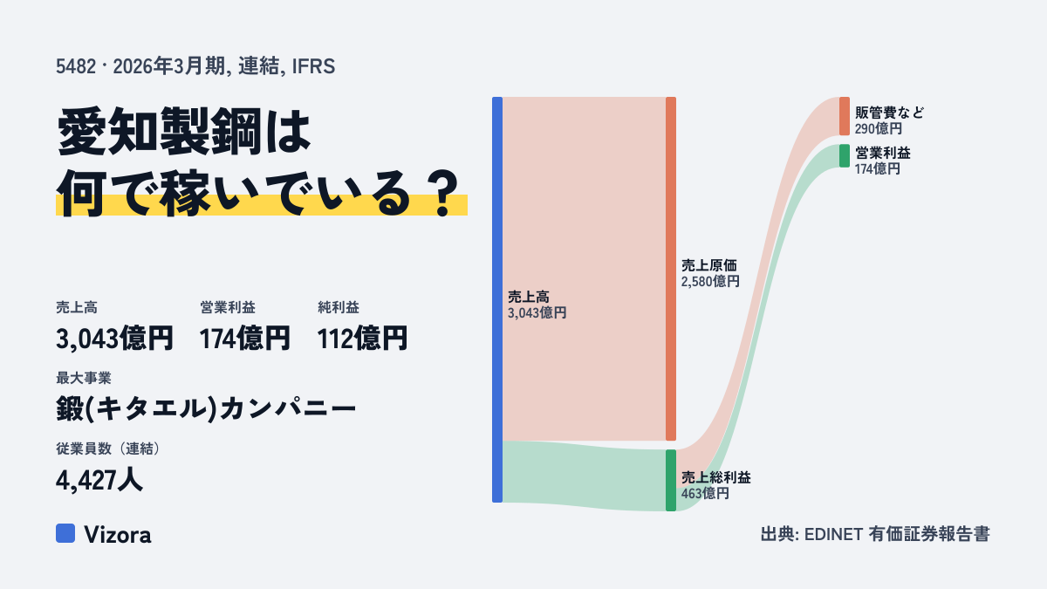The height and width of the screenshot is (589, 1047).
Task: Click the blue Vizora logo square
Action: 65,533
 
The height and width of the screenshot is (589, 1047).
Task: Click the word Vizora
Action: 118,535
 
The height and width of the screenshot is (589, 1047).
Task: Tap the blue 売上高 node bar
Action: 497,299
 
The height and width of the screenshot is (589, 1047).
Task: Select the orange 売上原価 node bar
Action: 671,269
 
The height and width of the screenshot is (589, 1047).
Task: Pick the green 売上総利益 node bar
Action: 671,480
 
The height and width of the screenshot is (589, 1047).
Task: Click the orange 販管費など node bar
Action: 845,116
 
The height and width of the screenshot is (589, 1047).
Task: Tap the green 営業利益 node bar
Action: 845,155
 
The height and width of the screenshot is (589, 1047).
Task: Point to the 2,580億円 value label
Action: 710,281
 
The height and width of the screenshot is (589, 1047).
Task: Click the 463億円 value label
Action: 705,493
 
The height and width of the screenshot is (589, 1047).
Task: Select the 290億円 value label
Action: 879,128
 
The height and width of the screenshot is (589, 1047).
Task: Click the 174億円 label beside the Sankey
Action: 878,168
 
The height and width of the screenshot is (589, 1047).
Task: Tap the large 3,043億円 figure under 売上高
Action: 114,339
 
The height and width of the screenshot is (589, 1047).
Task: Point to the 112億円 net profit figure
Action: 362,339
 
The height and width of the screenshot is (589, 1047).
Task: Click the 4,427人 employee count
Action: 99,480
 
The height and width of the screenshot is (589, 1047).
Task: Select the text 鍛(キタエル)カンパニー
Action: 206,408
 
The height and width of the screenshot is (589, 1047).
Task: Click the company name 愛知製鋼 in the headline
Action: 159,132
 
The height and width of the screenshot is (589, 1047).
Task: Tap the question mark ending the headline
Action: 442,194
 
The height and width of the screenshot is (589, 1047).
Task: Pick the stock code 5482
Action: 76,66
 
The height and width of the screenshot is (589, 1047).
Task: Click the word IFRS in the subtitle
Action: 313,66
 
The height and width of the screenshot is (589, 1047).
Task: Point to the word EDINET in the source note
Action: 833,535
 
